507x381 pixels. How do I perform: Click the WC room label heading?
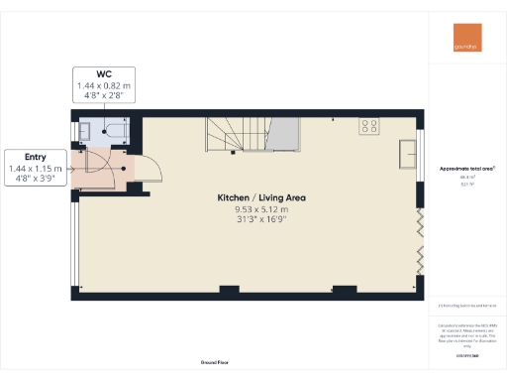point(103,74)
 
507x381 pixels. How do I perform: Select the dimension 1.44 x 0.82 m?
point(103,86)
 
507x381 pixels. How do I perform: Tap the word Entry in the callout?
point(35,157)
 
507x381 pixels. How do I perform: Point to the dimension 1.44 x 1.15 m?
point(35,169)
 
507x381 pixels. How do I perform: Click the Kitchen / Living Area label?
point(261,198)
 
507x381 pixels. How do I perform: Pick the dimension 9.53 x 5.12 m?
point(261,209)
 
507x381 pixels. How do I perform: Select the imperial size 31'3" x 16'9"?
point(261,220)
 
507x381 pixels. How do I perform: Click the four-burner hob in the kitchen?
point(369,126)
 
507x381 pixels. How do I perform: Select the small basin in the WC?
point(84,130)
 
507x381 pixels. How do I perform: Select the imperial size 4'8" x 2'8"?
point(103,97)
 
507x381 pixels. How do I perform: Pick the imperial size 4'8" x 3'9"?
point(35,180)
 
